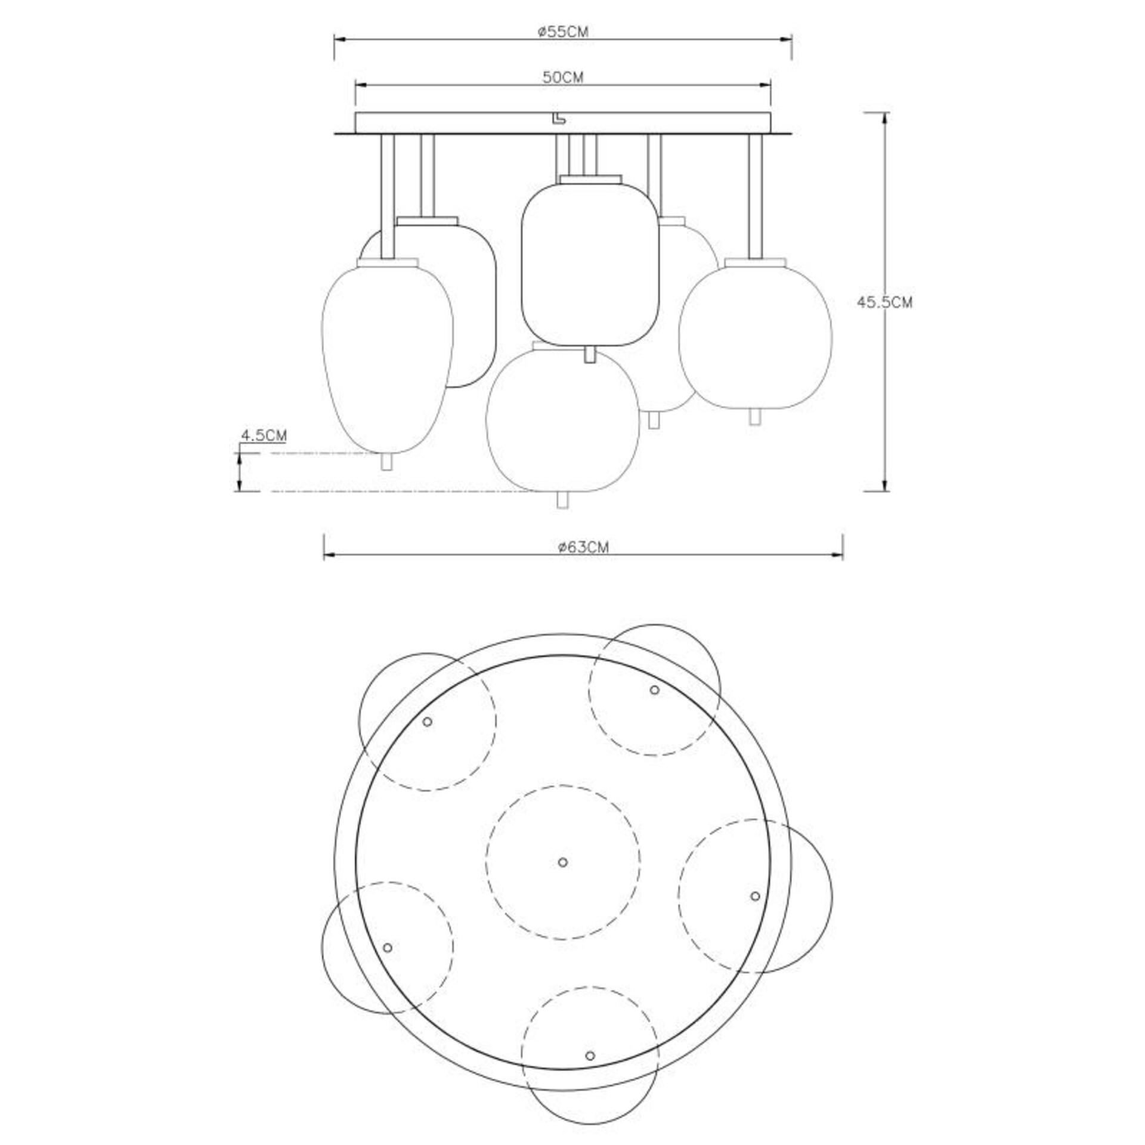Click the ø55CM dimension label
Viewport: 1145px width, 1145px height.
[562, 32]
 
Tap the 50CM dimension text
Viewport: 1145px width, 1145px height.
[562, 77]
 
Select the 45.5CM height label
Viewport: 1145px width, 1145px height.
[884, 302]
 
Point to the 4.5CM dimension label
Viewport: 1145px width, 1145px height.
[263, 435]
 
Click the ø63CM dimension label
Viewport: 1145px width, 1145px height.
[583, 547]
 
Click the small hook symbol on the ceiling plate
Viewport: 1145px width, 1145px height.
[559, 120]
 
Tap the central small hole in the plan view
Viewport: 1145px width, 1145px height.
[562, 862]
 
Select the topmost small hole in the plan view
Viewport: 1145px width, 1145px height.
[654, 690]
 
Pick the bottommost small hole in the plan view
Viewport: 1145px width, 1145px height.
[590, 1056]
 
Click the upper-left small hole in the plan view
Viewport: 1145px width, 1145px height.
[427, 722]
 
